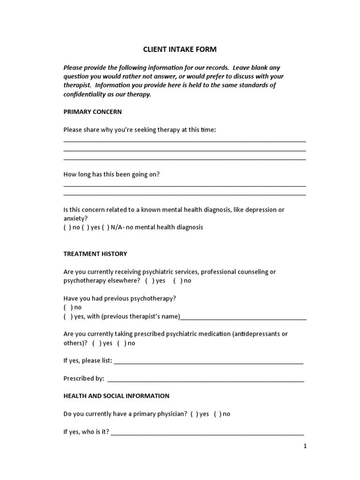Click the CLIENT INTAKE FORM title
(x=180, y=49)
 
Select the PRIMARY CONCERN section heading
(x=92, y=112)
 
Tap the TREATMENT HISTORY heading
(x=95, y=254)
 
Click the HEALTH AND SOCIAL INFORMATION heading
(x=116, y=396)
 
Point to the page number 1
(x=305, y=446)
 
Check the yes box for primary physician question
(x=194, y=414)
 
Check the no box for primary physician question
(x=217, y=414)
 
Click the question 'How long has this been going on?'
(x=112, y=174)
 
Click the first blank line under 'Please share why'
(x=184, y=141)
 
